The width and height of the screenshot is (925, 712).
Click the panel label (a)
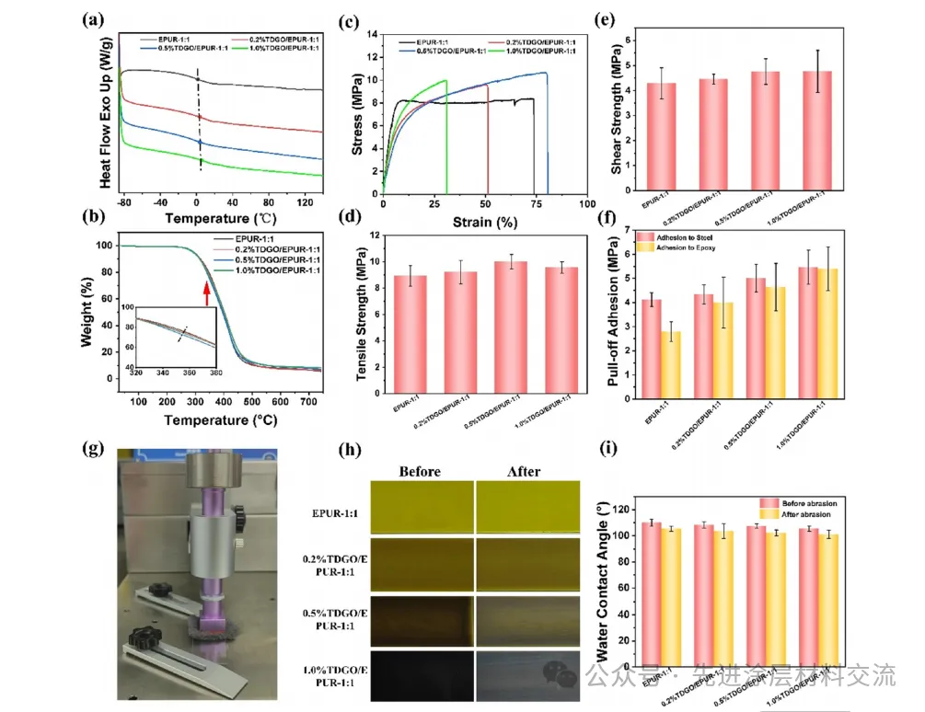pyautogui.click(x=93, y=19)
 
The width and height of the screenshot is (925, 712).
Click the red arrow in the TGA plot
pyautogui.click(x=207, y=292)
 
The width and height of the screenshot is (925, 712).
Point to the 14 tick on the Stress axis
pyautogui.click(x=372, y=35)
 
